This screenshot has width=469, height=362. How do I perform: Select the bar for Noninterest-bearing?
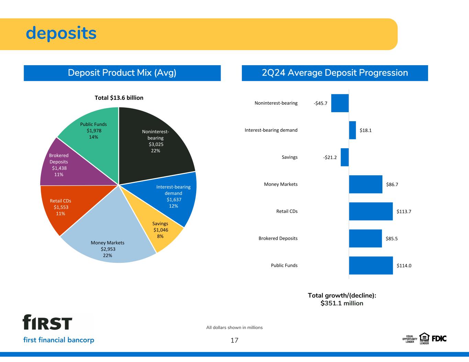[340, 103]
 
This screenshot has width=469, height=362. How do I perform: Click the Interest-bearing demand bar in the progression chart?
[353, 130]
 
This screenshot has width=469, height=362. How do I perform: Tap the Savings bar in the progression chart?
[345, 157]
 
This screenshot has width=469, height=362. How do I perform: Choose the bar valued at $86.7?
[366, 184]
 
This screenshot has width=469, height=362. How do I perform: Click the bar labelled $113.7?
[371, 211]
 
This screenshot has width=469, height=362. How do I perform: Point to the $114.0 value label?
[404, 266]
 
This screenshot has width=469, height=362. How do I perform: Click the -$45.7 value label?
[321, 103]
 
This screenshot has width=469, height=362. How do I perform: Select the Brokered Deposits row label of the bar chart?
[278, 238]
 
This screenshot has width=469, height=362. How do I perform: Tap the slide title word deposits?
[61, 33]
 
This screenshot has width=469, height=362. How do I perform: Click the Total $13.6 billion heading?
[119, 98]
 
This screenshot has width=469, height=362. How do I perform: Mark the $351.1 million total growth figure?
[342, 303]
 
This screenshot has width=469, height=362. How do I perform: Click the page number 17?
[234, 340]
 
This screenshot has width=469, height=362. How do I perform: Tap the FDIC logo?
[439, 339]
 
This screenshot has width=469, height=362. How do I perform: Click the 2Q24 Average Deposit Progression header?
[335, 73]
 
